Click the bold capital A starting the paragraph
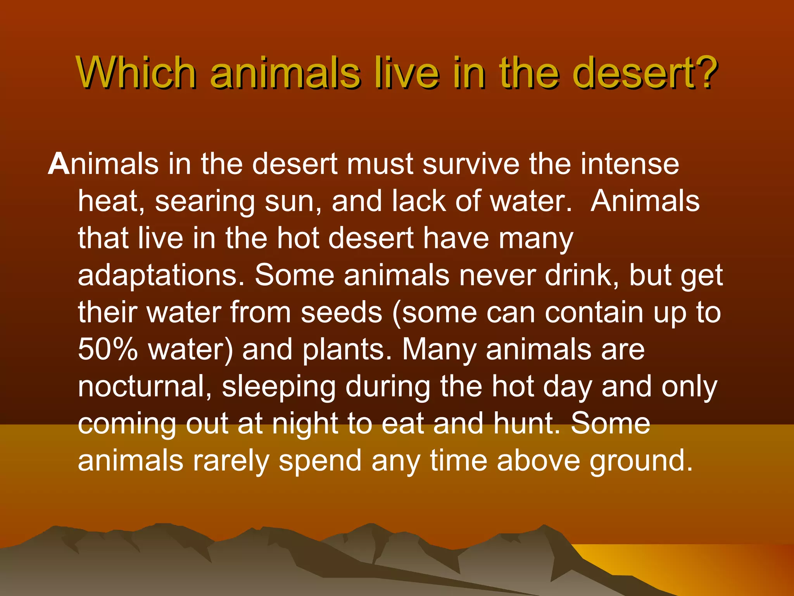59,164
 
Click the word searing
205,202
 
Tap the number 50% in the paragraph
108,349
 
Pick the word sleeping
278,387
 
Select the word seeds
342,312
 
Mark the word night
305,423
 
